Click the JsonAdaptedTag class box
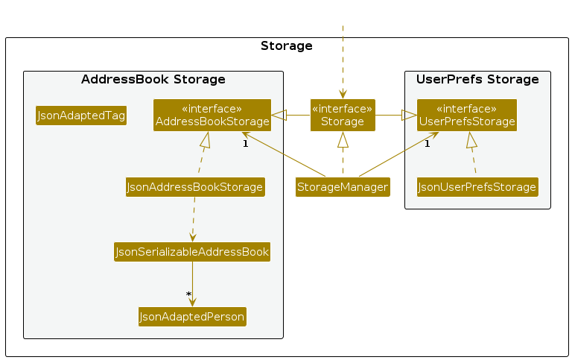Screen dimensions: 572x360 coord(81,116)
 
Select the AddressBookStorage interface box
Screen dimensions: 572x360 coord(212,115)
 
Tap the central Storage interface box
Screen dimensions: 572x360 coord(343,115)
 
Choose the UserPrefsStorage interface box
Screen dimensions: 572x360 coord(467,115)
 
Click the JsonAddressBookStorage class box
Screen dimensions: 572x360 coord(195,187)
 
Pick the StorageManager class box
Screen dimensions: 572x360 coord(343,187)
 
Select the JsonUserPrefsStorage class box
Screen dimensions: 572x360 coord(477,187)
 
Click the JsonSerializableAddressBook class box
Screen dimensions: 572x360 coord(192,252)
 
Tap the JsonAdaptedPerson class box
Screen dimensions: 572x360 coord(192,317)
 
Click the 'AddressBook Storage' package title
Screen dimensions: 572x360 coord(153,79)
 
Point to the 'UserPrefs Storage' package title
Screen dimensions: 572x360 coord(477,79)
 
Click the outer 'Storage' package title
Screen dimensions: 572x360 coord(286,46)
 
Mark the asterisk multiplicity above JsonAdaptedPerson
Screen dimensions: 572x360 coord(188,294)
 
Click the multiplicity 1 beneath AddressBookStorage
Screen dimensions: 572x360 coord(246,144)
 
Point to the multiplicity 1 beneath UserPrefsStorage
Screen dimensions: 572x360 coord(428,144)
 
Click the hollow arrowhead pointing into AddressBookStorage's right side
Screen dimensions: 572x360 coord(279,115)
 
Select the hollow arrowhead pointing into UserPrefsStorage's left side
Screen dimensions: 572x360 coord(409,115)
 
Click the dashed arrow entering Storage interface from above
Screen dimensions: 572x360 coord(343,62)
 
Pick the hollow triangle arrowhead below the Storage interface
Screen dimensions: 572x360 coord(343,139)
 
